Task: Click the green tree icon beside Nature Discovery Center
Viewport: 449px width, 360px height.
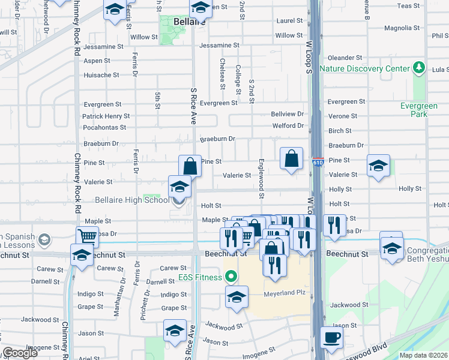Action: click(419, 68)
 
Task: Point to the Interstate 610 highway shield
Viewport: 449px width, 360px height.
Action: click(318, 163)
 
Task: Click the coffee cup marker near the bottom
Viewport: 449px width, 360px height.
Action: click(331, 337)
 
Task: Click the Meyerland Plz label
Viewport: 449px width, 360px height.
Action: click(285, 294)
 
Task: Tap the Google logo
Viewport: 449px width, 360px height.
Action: click(20, 353)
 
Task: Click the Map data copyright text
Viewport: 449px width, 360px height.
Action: click(423, 355)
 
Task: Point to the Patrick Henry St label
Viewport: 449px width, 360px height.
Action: click(106, 116)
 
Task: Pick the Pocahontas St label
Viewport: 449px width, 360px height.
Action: click(104, 127)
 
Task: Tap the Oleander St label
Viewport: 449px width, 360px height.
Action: click(345, 58)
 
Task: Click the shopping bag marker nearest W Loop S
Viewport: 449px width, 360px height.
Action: click(292, 160)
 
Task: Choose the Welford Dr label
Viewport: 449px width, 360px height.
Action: click(288, 125)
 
